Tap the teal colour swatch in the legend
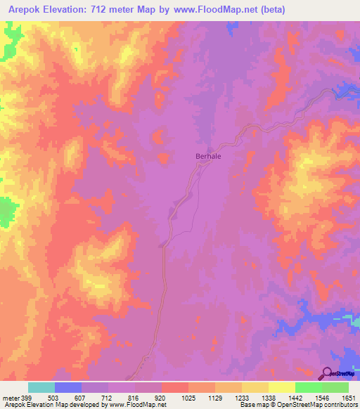coord(41,387)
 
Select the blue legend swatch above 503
coord(67,387)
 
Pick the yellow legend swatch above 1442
coord(281,387)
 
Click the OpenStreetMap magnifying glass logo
coord(328,372)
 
